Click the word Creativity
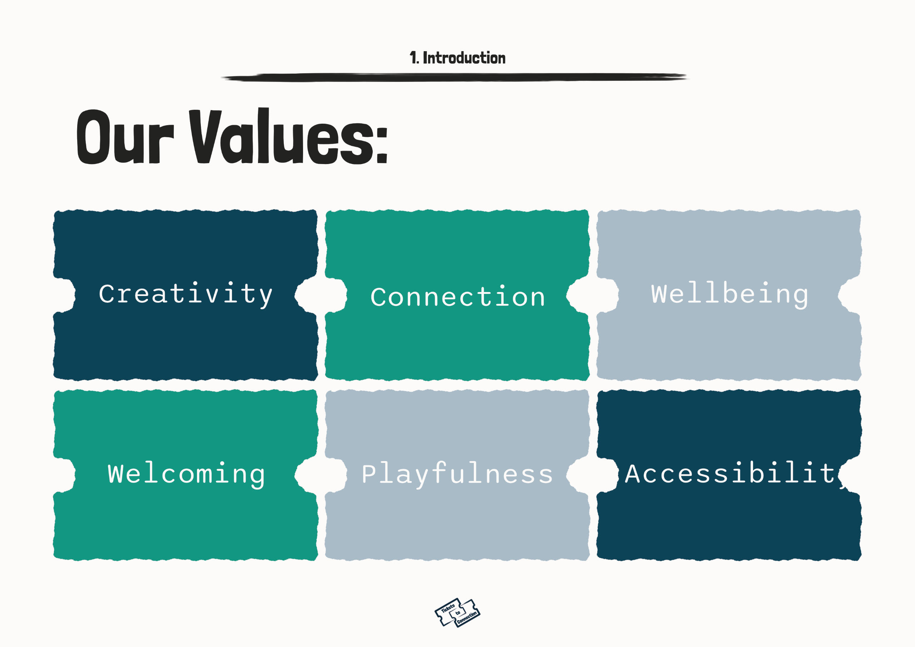pos(186,295)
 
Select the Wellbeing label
pos(729,295)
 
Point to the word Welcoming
pos(186,474)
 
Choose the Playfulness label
pos(457,474)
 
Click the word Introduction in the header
pos(464,58)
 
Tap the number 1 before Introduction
pos(413,58)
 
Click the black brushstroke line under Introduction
pos(454,77)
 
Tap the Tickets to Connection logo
pos(457,613)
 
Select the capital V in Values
pos(204,136)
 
